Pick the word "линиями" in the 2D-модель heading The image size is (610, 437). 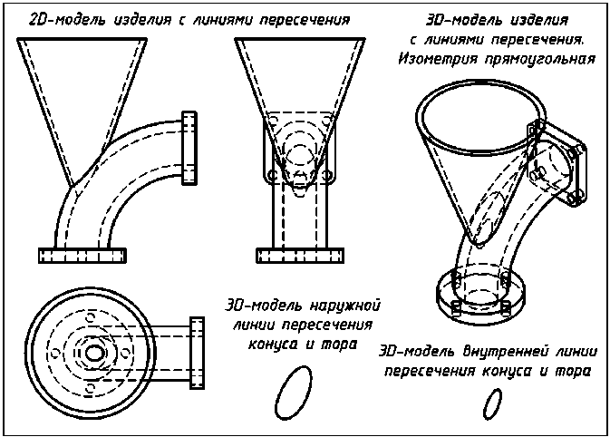click(220, 19)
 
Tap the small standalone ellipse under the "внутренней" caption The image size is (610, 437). click(492, 402)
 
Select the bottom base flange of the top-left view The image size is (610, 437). click(82, 253)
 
